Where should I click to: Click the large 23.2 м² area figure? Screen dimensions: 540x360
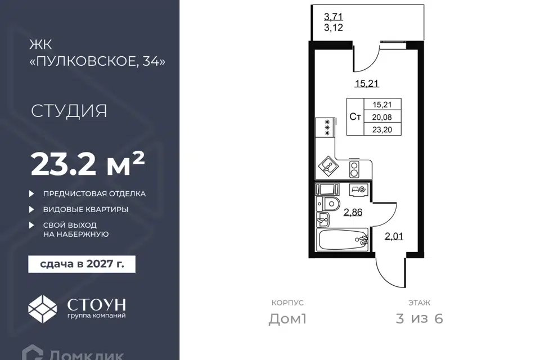(x=88, y=164)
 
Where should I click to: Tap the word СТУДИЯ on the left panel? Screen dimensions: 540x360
(x=69, y=111)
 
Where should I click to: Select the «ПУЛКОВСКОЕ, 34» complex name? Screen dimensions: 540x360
(x=98, y=61)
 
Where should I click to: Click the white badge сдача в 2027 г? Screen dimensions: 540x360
(x=82, y=264)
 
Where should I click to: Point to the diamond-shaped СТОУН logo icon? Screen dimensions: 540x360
(x=42, y=309)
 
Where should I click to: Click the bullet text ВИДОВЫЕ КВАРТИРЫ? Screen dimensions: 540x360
(x=85, y=209)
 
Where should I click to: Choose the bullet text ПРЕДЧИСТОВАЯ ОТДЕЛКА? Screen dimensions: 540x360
(x=94, y=193)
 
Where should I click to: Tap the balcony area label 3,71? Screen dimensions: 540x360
(x=334, y=16)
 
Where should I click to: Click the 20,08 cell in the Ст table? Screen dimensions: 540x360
(x=382, y=117)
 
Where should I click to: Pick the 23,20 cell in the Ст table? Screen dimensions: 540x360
(x=382, y=130)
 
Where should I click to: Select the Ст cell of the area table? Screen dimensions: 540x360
(x=355, y=117)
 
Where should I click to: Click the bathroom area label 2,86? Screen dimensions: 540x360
(x=353, y=212)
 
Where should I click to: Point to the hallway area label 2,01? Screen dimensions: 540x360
(x=394, y=236)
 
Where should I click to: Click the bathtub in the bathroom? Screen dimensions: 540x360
(x=344, y=240)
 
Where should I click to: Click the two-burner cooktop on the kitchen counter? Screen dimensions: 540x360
(x=354, y=169)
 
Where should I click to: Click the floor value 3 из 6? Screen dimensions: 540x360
(x=420, y=319)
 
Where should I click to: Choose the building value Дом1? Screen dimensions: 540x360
(x=287, y=319)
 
